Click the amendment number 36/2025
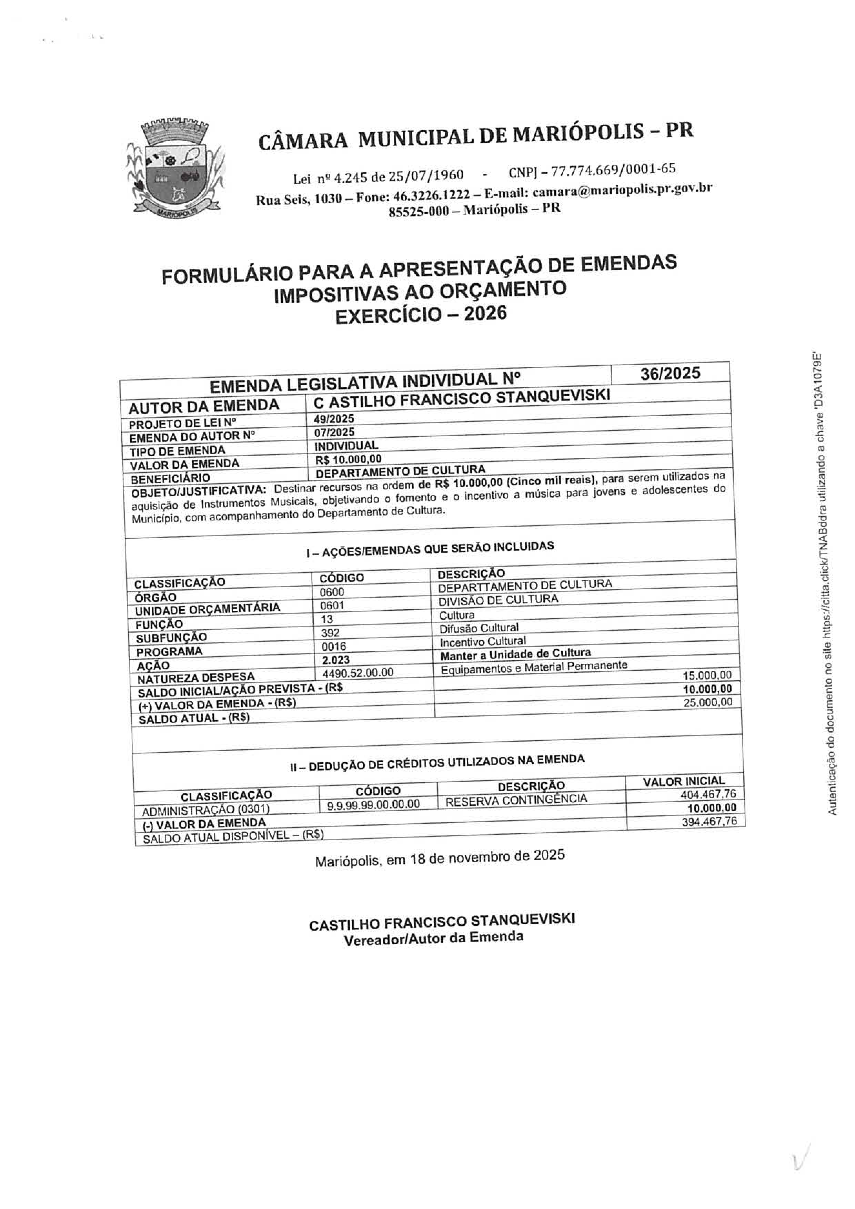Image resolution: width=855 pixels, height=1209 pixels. pos(670,373)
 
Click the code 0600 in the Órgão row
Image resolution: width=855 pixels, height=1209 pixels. pos(332,592)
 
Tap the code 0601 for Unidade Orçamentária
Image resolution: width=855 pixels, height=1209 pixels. pos(332,606)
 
